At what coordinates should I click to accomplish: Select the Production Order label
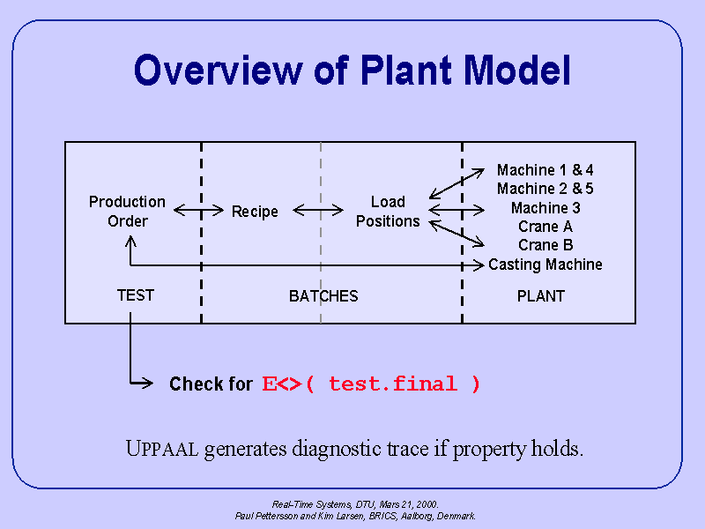click(127, 212)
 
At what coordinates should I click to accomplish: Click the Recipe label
click(255, 212)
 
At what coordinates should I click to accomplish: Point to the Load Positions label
click(388, 212)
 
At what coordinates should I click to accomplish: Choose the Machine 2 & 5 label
click(545, 189)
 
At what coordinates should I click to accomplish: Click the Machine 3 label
click(545, 208)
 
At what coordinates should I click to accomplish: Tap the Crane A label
click(545, 227)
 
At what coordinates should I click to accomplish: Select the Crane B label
click(545, 245)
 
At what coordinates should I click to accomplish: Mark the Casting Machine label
click(545, 264)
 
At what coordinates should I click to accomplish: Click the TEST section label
click(135, 295)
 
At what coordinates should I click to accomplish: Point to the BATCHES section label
click(323, 296)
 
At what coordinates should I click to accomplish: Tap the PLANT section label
click(540, 296)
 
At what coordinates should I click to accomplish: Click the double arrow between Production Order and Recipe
click(198, 210)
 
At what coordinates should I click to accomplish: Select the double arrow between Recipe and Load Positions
click(318, 210)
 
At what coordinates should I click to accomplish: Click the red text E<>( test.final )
click(371, 384)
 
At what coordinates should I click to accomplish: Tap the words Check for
click(211, 384)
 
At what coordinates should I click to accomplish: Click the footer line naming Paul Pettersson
click(355, 516)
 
